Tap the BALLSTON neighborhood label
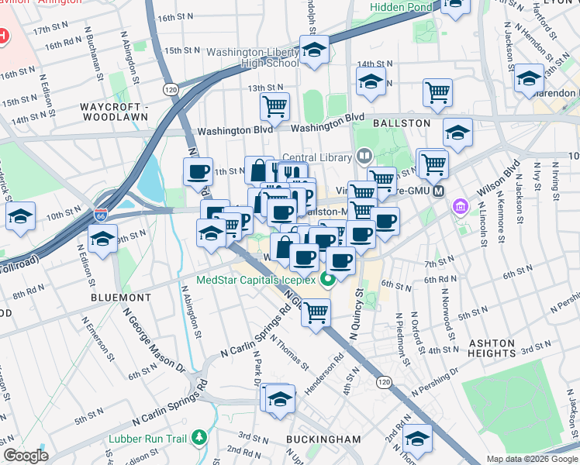pyautogui.click(x=401, y=123)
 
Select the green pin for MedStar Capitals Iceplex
pyautogui.click(x=329, y=280)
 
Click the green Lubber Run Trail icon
pyautogui.click(x=200, y=439)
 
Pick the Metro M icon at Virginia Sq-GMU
pyautogui.click(x=439, y=191)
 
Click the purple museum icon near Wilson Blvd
pyautogui.click(x=461, y=207)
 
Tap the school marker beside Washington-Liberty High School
pyautogui.click(x=314, y=51)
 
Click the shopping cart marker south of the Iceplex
pyautogui.click(x=316, y=312)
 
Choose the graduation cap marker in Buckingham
pyautogui.click(x=278, y=398)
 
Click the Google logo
pyautogui.click(x=26, y=456)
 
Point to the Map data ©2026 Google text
pyautogui.click(x=531, y=459)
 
